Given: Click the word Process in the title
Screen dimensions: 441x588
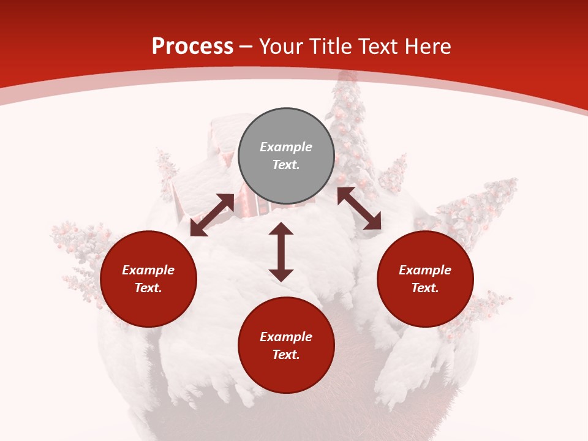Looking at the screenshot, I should pyautogui.click(x=192, y=47).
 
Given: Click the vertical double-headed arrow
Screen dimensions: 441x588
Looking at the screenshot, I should pyautogui.click(x=281, y=252).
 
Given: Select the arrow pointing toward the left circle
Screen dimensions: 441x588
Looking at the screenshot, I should pyautogui.click(x=212, y=215).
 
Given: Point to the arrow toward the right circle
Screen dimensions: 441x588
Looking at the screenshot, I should pyautogui.click(x=359, y=208).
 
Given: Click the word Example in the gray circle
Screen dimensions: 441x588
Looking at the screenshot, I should pyautogui.click(x=286, y=147).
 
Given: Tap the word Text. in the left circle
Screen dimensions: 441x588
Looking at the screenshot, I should pyautogui.click(x=148, y=288).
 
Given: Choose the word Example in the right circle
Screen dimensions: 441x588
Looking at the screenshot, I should pyautogui.click(x=425, y=270).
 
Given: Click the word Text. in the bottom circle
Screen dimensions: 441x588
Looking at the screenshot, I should pyautogui.click(x=286, y=355).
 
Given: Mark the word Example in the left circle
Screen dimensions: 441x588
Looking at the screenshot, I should pyautogui.click(x=148, y=270).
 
